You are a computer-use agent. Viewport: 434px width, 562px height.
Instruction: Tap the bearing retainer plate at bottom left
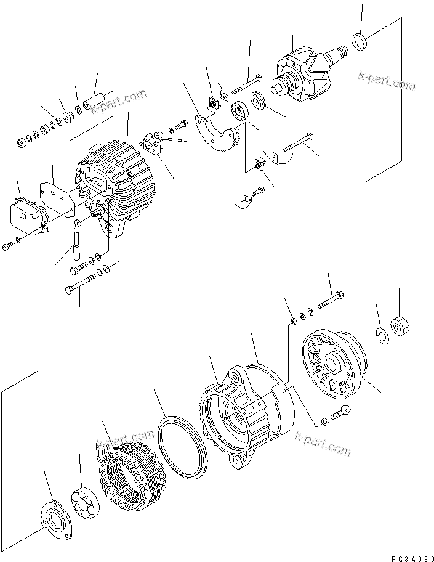(52, 517)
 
